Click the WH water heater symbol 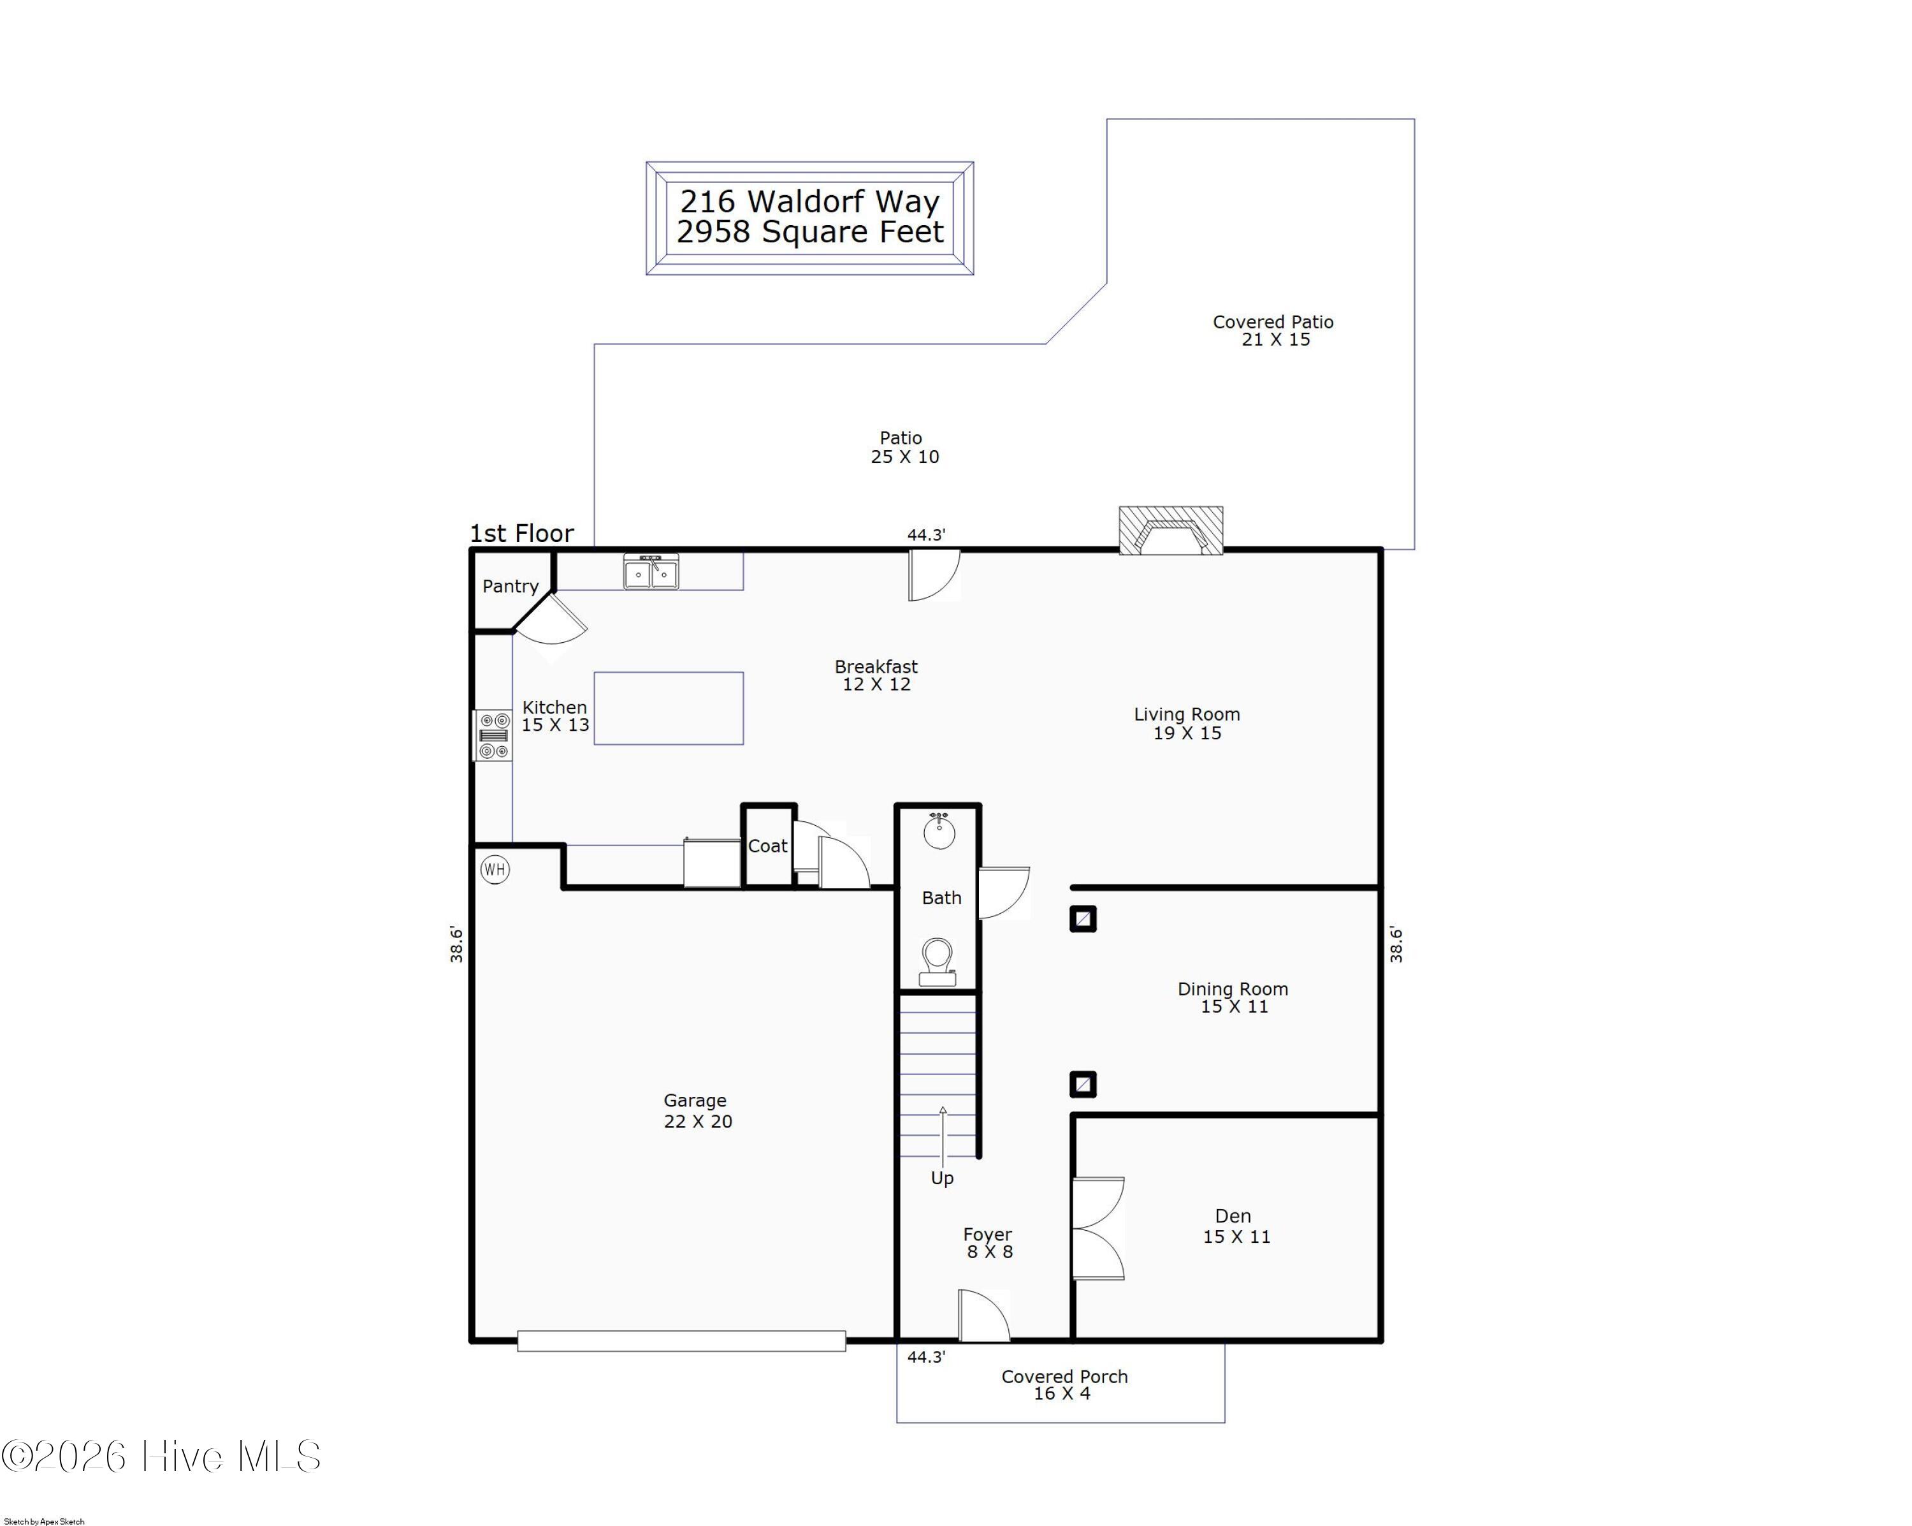[495, 869]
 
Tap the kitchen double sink [651, 572]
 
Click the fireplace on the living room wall [1171, 531]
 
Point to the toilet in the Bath [938, 962]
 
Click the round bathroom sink [939, 832]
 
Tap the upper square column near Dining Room [1083, 919]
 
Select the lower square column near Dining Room [1083, 1084]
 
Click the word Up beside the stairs [942, 1178]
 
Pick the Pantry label [510, 587]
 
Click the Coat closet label [767, 846]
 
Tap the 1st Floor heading [521, 533]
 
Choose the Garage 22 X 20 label [697, 1111]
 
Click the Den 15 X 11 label [1235, 1226]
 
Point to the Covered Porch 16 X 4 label [1064, 1385]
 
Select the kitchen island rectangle [669, 708]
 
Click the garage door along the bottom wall [681, 1342]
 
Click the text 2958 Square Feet [809, 233]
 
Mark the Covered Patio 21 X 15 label [1273, 331]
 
